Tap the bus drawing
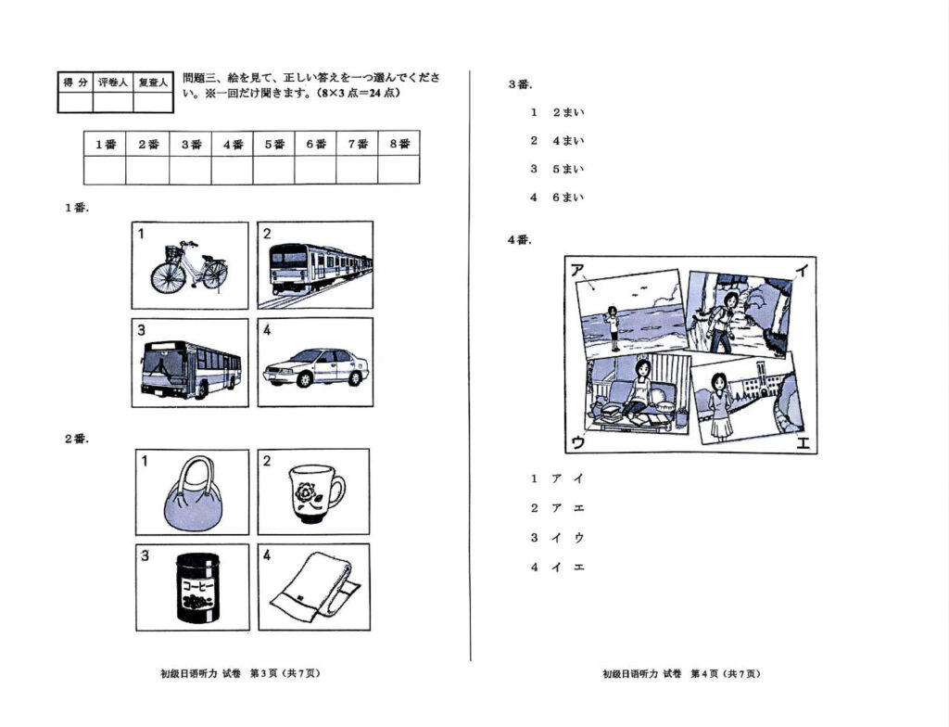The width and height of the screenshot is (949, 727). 191,368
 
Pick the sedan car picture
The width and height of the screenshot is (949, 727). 316,367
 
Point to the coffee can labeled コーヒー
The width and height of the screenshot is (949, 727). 196,590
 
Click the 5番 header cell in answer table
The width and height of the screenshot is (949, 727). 274,144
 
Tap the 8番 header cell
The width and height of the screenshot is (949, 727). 399,144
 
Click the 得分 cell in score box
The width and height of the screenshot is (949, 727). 76,83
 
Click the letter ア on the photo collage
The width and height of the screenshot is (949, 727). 577,270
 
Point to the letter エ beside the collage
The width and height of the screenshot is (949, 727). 803,442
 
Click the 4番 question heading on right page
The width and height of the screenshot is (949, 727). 519,239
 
